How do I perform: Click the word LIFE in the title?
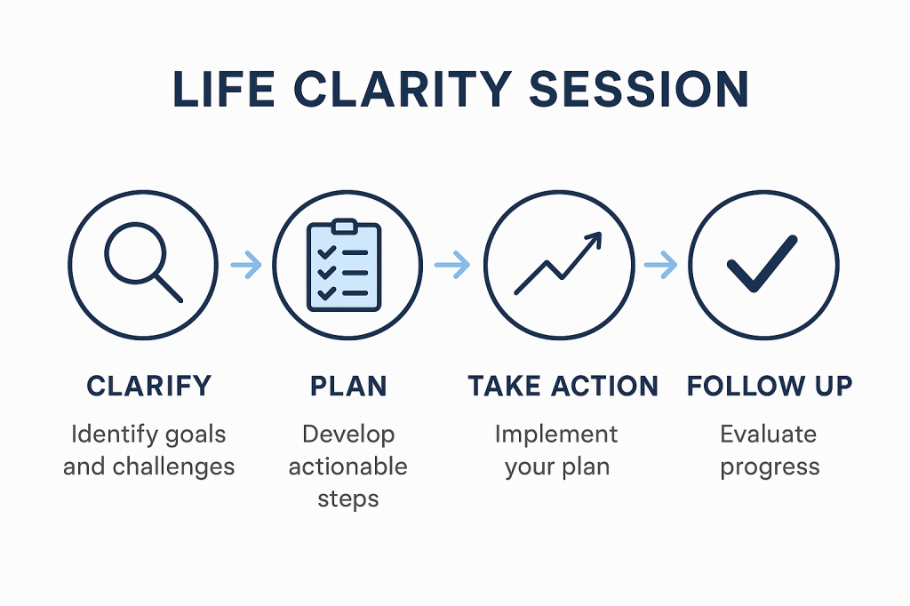[223, 90]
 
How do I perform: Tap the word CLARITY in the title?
[403, 90]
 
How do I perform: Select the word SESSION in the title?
[639, 90]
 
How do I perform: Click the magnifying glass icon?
[143, 262]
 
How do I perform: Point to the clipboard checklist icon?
[344, 266]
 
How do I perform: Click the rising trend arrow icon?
[558, 263]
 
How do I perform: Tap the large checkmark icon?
[762, 264]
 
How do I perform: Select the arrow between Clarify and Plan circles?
[246, 265]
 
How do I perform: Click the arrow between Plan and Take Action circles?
[452, 265]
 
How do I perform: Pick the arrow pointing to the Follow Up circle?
[660, 265]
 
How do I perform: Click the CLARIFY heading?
[149, 386]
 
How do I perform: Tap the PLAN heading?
[348, 386]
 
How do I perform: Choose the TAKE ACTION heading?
[563, 386]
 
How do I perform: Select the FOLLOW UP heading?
[770, 386]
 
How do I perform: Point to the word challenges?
[173, 466]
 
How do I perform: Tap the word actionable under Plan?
[348, 466]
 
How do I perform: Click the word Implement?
[556, 435]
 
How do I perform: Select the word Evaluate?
[769, 435]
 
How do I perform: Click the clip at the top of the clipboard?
[344, 226]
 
